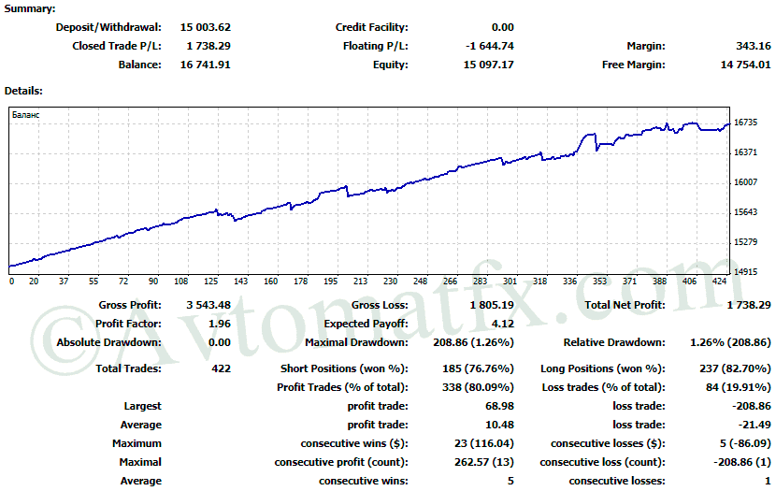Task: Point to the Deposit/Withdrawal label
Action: coord(108,27)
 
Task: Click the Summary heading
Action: coord(30,7)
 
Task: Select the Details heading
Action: coord(23,91)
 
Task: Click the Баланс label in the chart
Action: coord(26,114)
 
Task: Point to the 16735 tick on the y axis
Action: coord(745,123)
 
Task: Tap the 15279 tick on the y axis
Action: coord(745,242)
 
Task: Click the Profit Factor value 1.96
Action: coord(220,324)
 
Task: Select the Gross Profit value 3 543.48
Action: coord(208,305)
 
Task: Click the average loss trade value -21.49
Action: coord(754,425)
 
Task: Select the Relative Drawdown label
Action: coord(614,342)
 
